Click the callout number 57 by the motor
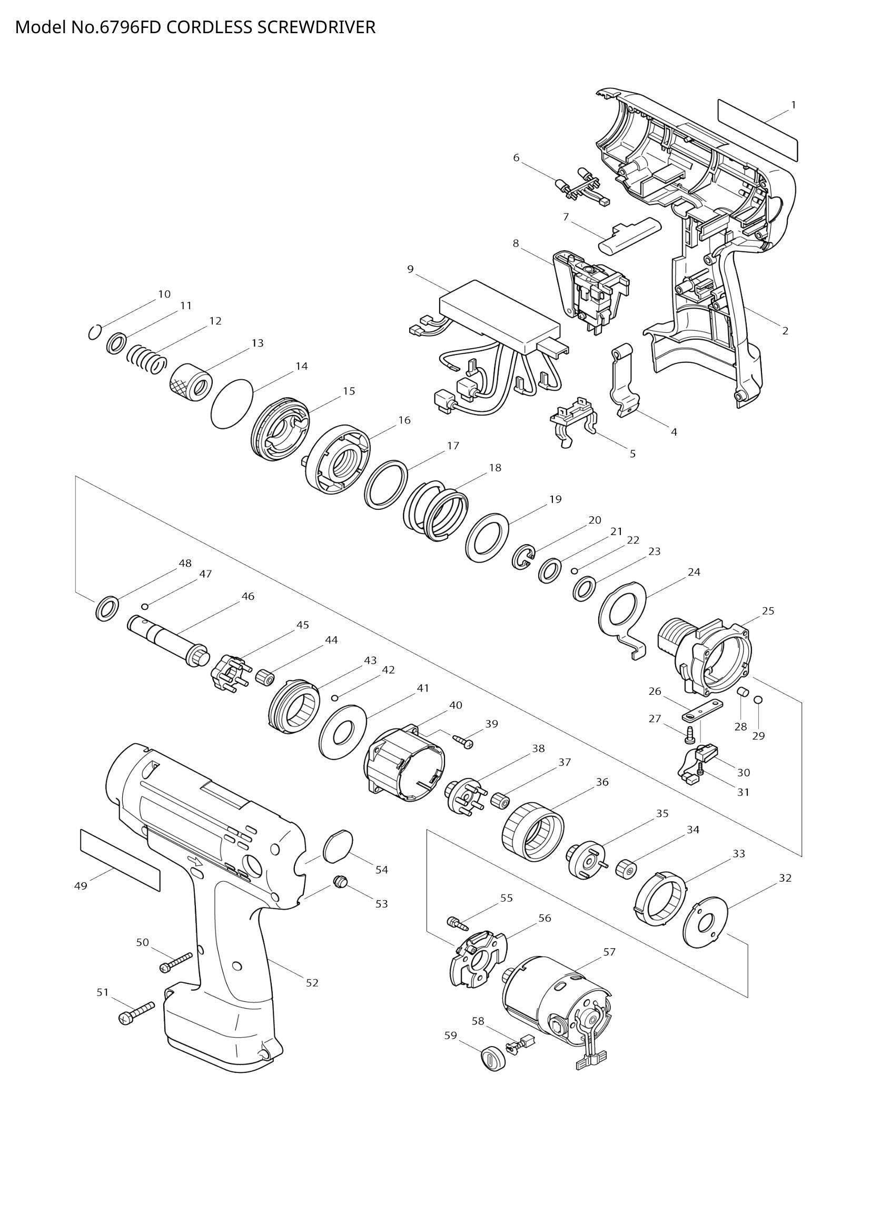tap(609, 952)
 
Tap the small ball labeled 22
tap(574, 570)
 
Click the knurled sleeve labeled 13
tap(191, 382)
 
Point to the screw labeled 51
tap(136, 1012)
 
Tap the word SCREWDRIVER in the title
tap(316, 27)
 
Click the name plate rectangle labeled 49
tap(120, 860)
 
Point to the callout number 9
tap(410, 269)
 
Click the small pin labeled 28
tap(743, 692)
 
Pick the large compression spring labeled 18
tap(435, 510)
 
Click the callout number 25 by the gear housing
tap(768, 610)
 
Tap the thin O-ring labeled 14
tap(232, 403)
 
